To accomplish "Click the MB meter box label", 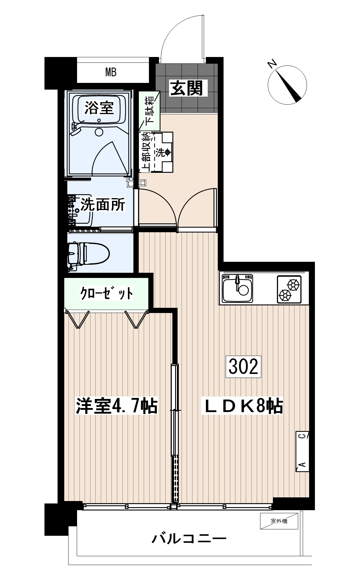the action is click(111, 73).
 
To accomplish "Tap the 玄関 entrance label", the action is click(186, 88).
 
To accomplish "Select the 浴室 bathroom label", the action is click(99, 108).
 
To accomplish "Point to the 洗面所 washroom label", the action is click(103, 205).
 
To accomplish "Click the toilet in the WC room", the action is click(88, 253).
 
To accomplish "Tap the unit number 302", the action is click(243, 367).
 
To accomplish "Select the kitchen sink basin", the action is click(238, 289).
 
